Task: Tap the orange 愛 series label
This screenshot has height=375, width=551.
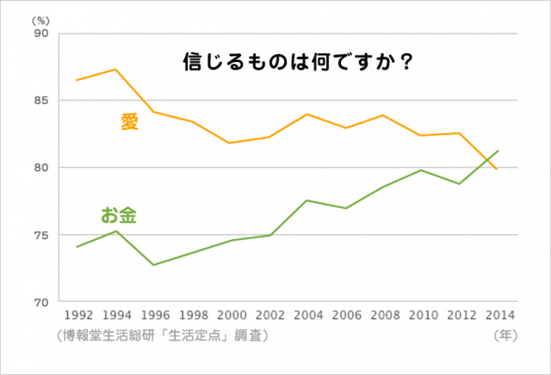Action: [129, 122]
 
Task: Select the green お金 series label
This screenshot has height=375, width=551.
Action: [120, 214]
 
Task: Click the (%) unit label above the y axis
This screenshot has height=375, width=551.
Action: [41, 18]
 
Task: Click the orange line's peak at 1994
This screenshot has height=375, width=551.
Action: [115, 69]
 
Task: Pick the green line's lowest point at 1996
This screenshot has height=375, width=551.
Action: [153, 265]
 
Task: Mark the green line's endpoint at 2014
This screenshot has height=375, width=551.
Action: [498, 151]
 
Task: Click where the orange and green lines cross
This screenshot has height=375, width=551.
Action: [487, 161]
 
